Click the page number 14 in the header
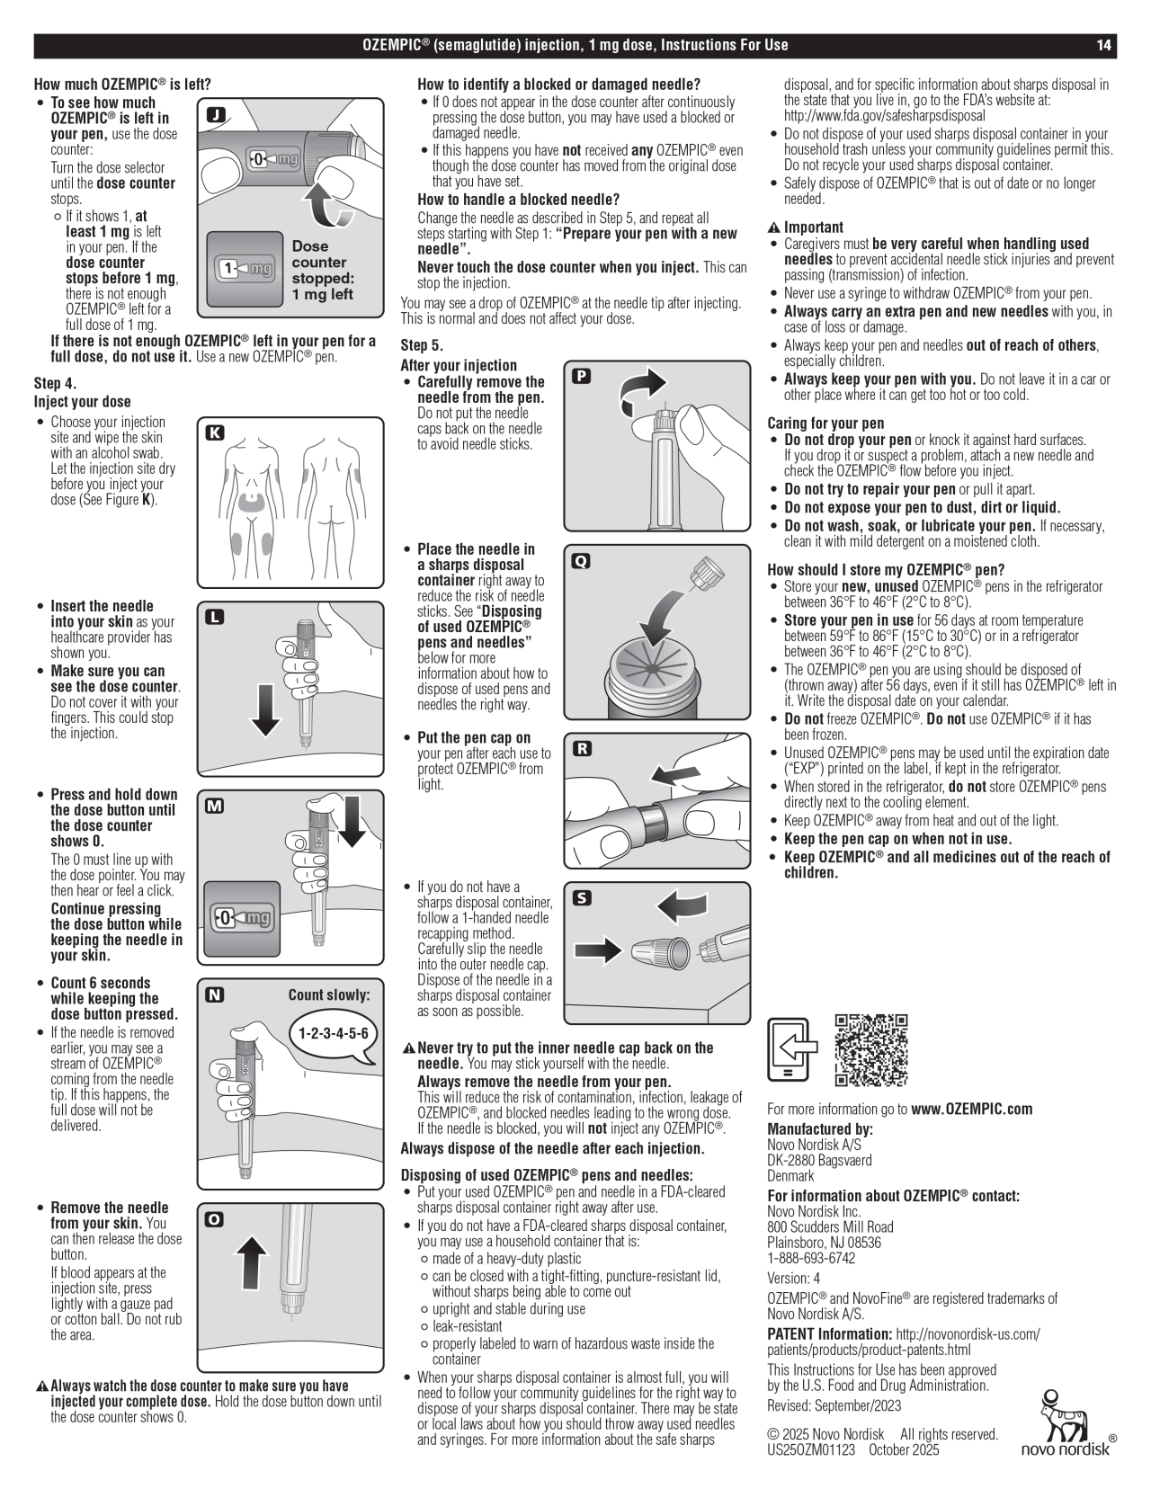[1104, 45]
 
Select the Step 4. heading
[55, 384]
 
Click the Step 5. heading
[422, 345]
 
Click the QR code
[870, 1050]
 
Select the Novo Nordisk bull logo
[1066, 1422]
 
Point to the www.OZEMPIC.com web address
[972, 1109]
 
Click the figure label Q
[582, 561]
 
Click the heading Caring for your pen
[825, 423]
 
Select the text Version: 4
[793, 1278]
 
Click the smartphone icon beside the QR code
[792, 1049]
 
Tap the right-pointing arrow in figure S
[601, 949]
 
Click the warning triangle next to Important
[773, 227]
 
